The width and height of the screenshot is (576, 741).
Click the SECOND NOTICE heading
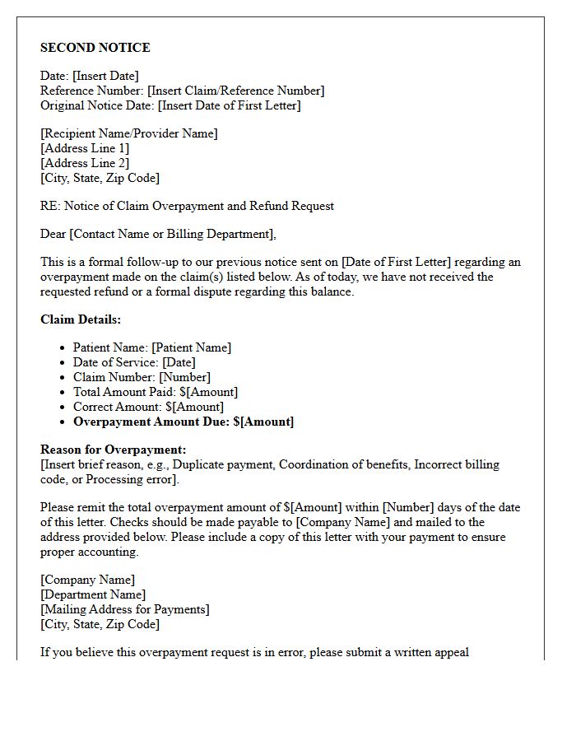95,48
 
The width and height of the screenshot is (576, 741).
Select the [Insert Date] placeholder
105,76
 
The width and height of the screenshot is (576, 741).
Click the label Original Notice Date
97,105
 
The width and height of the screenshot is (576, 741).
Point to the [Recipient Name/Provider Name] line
129,133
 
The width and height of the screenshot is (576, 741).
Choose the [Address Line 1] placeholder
85,148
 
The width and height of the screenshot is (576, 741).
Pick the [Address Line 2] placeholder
85,163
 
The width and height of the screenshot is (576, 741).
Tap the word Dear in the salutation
53,234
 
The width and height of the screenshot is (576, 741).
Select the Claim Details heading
81,319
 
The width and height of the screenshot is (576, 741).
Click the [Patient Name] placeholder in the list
191,347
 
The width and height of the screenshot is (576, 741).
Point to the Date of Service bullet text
115,362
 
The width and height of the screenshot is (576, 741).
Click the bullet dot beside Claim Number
63,377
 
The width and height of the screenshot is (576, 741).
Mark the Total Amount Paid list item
156,392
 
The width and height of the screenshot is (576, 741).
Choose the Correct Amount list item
148,407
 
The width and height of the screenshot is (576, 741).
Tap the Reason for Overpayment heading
114,450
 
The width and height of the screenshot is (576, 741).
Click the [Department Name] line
93,594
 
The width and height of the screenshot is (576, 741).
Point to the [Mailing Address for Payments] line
125,609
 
